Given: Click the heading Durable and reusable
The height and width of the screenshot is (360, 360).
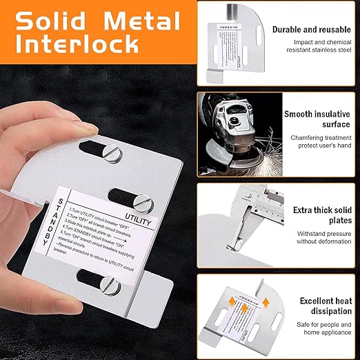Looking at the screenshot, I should pos(311,30).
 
